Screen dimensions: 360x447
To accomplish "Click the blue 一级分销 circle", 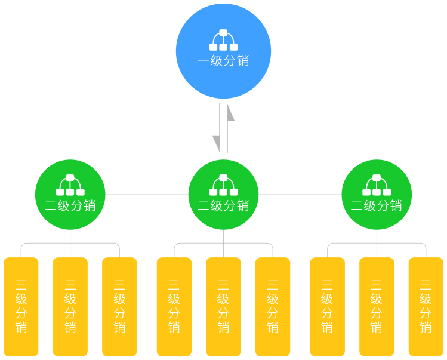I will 223,51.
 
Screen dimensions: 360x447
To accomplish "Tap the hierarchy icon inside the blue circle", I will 223,40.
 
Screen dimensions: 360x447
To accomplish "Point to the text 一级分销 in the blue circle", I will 223,61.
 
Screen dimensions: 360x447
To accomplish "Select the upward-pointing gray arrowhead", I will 230,113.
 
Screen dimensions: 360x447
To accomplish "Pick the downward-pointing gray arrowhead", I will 216,143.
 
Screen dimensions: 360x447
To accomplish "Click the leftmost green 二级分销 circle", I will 70,195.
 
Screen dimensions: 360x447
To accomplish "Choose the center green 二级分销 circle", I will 223,195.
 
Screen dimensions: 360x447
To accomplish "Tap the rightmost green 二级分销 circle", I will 377,195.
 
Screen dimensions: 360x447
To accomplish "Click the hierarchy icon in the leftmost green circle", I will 70,185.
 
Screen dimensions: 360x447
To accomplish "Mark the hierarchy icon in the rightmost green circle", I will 377,185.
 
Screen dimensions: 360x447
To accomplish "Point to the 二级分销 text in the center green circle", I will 223,206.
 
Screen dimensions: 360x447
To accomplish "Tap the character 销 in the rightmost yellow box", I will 426,328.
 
